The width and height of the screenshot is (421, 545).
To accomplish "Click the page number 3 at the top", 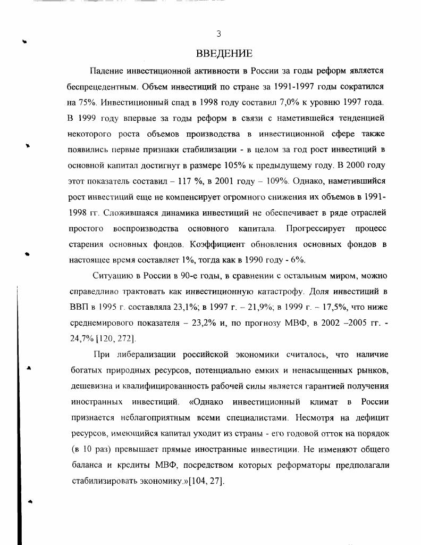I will (218, 34).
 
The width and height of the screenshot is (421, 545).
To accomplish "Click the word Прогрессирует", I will (315, 228).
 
